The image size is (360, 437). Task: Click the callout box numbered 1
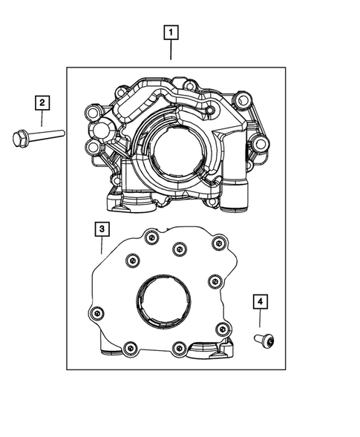[171, 33]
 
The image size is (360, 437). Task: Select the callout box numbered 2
[42, 102]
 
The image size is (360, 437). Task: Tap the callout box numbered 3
[102, 229]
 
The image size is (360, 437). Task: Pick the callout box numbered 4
[261, 301]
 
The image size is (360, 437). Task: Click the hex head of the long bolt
[20, 139]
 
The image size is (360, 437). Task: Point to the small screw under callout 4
[264, 341]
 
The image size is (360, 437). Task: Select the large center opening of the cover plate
[163, 301]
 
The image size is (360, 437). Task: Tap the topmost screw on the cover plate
[151, 237]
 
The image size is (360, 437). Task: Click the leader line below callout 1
[171, 50]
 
